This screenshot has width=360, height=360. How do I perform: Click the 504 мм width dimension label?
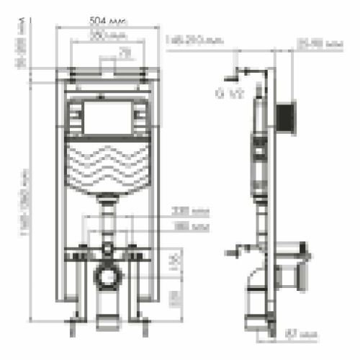pos(108,20)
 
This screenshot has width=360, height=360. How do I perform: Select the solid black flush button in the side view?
pos(288,114)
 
